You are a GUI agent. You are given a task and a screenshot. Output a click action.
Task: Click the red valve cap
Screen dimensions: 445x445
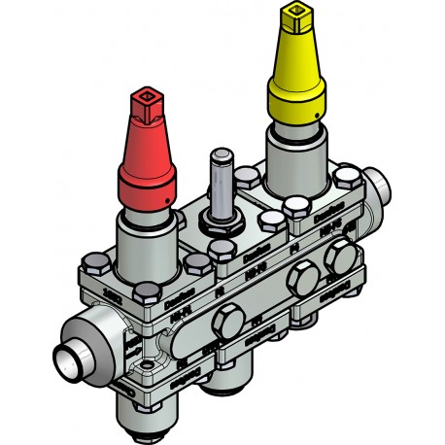pos(148,155)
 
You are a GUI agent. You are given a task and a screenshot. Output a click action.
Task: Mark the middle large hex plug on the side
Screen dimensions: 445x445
pos(296,280)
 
